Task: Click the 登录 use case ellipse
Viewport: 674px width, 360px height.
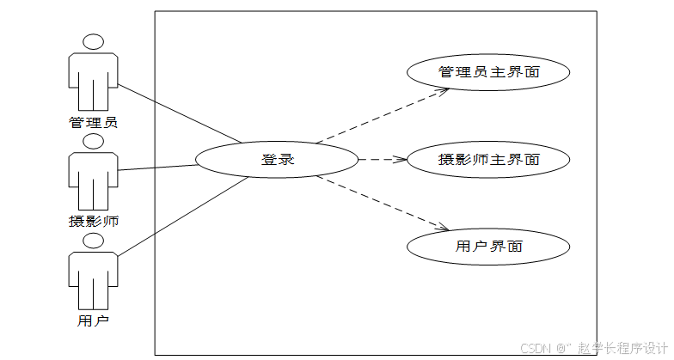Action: pyautogui.click(x=277, y=159)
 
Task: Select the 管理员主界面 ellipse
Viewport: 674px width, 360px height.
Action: pyautogui.click(x=488, y=72)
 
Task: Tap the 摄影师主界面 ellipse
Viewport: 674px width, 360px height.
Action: pyautogui.click(x=488, y=160)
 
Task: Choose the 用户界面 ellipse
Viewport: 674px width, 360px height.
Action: pyautogui.click(x=488, y=247)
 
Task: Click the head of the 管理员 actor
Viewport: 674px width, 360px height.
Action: pyautogui.click(x=93, y=41)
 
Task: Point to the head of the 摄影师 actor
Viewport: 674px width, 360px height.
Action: pyautogui.click(x=93, y=141)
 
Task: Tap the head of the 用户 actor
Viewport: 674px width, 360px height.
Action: pyautogui.click(x=93, y=240)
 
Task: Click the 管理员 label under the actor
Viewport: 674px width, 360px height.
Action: pyautogui.click(x=93, y=122)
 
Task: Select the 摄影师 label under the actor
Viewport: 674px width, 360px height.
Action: pyautogui.click(x=93, y=221)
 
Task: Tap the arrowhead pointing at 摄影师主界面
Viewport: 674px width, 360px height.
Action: pyautogui.click(x=400, y=160)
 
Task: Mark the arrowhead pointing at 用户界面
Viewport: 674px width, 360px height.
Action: pyautogui.click(x=444, y=228)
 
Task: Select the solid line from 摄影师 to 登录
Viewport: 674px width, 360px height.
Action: pyautogui.click(x=159, y=167)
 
